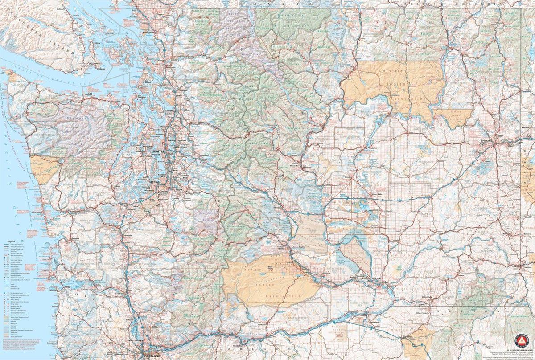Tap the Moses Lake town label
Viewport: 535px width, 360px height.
pos(377,194)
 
